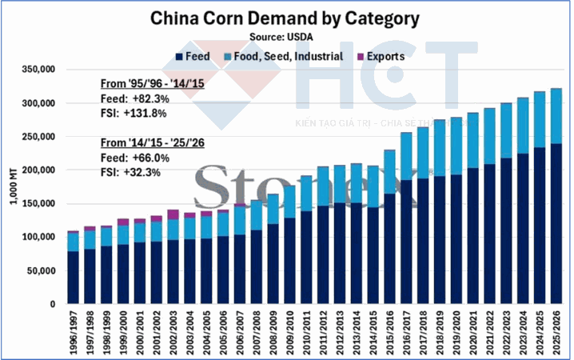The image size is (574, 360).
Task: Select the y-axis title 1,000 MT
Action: tap(13, 186)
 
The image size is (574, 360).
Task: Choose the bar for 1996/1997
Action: tap(73, 272)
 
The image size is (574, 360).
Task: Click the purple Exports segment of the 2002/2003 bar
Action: tap(173, 214)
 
